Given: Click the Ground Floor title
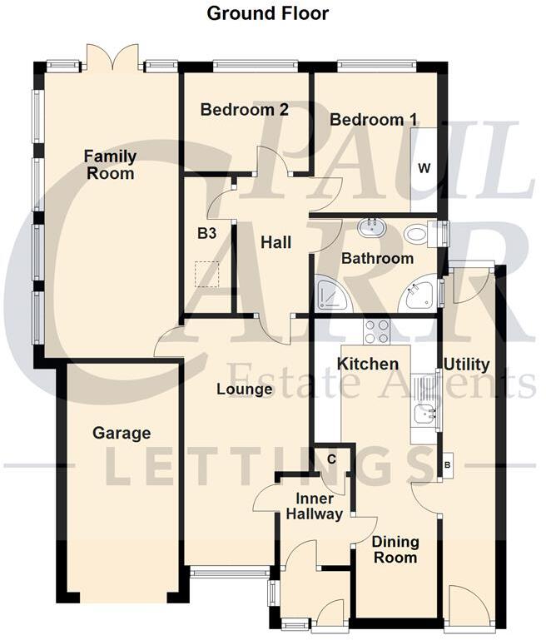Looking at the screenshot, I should pos(267,13).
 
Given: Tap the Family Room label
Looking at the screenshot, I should pos(110,165).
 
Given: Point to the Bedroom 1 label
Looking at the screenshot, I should pos(373,120).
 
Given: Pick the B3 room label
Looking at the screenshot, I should pos(207,235).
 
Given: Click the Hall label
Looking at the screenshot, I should pos(275,242).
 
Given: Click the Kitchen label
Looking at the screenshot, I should pos(368,365).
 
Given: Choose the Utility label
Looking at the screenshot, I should pos(466,365).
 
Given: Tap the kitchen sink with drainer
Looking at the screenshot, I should pos(424,399).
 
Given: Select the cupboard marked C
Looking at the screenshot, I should pos(331,459).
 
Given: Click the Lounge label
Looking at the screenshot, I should pos(245,389).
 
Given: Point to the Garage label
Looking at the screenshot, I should pos(122,433).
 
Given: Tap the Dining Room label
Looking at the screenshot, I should pos(395,549).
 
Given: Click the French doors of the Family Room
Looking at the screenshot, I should pos(114,58).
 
